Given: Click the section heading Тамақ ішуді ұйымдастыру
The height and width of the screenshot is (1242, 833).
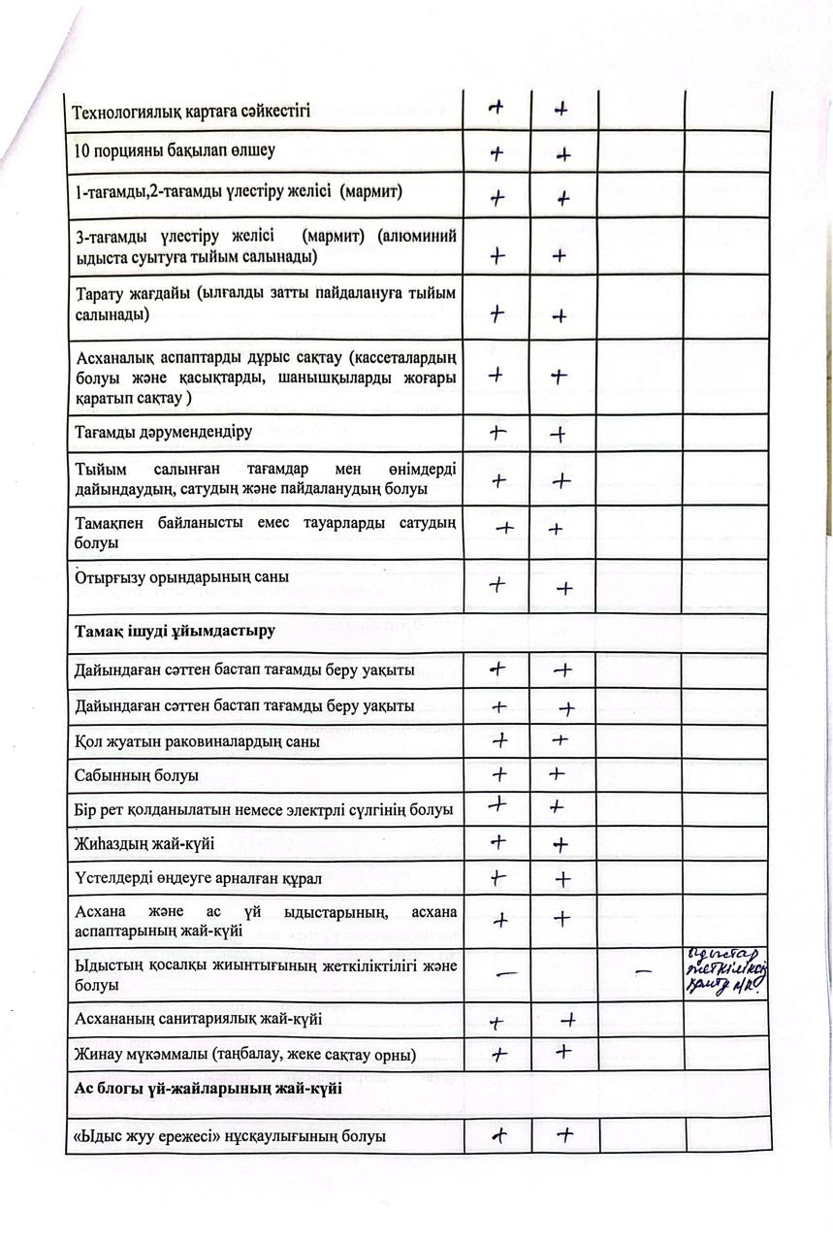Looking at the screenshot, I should (175, 632).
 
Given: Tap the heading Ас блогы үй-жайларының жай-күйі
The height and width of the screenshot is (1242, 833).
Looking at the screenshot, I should (208, 1089).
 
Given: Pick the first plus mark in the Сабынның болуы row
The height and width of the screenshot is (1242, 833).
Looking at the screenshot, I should (499, 774).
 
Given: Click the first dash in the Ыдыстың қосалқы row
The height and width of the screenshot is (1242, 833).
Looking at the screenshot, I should (504, 973).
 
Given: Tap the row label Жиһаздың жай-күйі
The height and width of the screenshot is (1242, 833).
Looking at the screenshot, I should (144, 844).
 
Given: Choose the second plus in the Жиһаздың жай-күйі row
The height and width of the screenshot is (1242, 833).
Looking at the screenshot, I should (560, 845).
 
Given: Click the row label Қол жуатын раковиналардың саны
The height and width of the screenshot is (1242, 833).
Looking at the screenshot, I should (198, 742).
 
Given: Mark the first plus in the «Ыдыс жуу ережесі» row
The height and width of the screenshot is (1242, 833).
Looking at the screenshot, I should (499, 1133).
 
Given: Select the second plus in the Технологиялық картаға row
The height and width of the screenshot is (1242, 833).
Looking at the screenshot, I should (561, 110).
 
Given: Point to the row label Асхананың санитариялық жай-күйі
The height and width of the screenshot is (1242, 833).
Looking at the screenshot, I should (198, 1020).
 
